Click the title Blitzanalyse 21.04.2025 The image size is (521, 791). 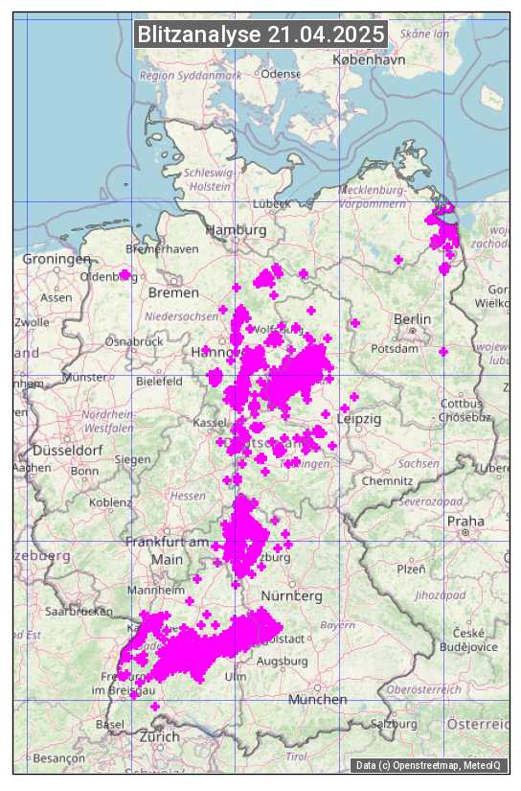(260, 35)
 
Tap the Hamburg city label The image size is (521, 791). (236, 231)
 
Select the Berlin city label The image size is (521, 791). (412, 319)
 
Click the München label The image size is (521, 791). (318, 700)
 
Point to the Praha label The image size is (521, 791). (465, 522)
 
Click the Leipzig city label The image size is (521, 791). (360, 419)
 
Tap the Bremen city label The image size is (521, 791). (173, 292)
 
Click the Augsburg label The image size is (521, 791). (283, 661)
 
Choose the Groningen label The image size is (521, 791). (57, 259)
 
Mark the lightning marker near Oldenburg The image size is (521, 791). (125, 274)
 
